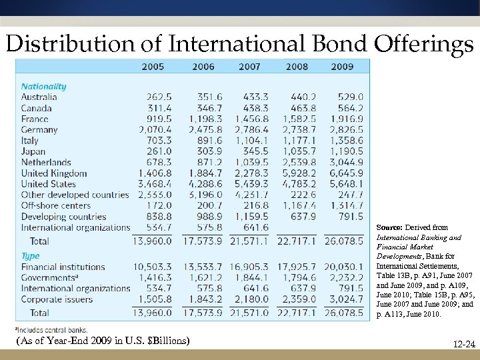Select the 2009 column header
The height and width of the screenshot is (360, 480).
pos(342,67)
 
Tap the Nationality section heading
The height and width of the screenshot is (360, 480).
pos(43,86)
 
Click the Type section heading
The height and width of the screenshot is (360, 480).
pos(31,256)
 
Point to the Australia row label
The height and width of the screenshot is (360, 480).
pos(39,97)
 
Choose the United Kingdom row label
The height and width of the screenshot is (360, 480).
pos(54,173)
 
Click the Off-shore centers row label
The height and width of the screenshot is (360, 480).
pos(57,205)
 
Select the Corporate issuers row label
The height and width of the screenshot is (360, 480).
pos(58,299)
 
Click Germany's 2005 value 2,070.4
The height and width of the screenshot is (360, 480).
pos(155,130)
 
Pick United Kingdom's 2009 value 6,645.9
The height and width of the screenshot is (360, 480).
pos(345,173)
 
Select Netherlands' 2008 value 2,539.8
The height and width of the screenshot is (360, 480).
pos(297,162)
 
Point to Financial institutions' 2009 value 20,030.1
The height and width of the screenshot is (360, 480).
pos(343,267)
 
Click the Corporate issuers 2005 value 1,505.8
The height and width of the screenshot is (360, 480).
pos(155,299)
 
